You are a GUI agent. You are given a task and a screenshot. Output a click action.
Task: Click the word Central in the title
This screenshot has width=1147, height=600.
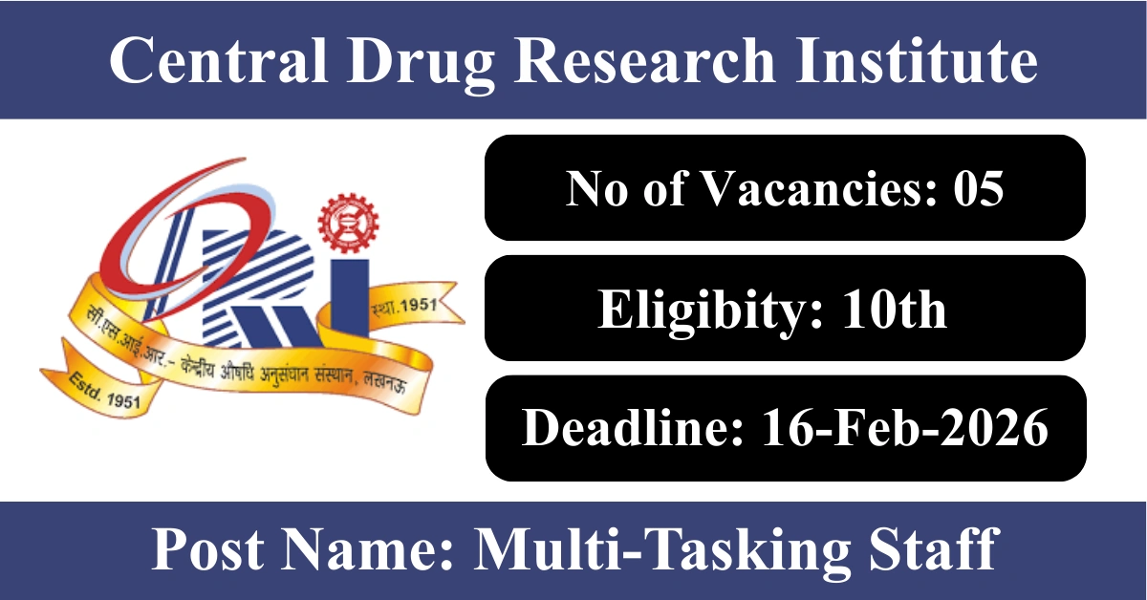219,59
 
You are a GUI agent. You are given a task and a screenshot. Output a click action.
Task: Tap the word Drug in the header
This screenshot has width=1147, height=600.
421,64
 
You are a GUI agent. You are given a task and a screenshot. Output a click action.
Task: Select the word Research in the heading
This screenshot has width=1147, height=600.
645,59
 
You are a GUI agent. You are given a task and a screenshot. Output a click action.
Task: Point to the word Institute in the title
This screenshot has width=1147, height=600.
917,59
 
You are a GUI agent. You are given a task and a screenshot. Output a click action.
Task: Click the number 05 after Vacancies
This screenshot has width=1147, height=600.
979,188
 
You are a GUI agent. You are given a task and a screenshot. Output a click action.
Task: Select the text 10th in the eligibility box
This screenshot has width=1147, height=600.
895,309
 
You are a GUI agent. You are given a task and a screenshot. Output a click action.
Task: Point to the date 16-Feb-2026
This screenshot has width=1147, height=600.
905,428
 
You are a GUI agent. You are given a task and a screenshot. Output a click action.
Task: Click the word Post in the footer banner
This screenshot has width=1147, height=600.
208,548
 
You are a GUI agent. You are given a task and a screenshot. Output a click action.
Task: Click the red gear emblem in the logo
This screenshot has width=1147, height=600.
348,223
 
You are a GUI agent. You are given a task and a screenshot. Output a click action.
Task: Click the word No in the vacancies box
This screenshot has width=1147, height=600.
596,188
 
